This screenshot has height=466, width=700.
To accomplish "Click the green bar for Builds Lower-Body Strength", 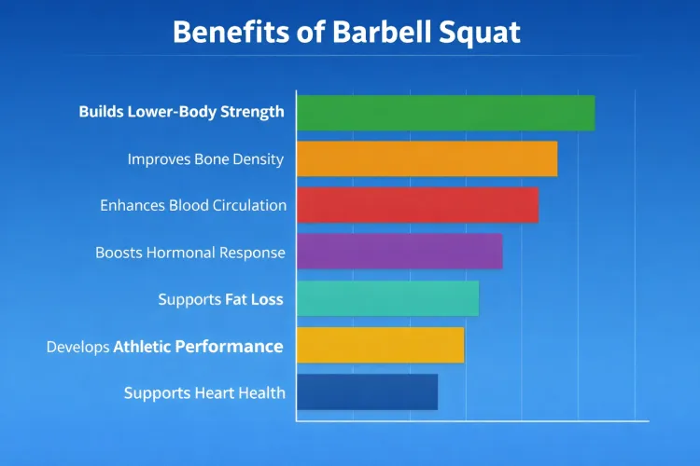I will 445,113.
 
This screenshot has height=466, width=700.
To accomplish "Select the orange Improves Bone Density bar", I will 427,158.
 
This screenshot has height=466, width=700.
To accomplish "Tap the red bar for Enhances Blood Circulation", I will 417,205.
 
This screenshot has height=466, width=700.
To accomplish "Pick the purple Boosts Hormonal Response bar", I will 399,252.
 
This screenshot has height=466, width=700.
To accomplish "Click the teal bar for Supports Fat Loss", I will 387,298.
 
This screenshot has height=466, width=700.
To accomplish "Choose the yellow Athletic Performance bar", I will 380,345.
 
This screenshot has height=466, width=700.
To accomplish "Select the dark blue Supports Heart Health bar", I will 367,391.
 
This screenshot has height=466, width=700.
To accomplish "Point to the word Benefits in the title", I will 230,33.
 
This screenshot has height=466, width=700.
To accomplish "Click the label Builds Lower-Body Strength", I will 181,112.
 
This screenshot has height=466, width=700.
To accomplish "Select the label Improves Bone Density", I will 205,159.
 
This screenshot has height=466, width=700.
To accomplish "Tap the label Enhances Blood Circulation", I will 193,205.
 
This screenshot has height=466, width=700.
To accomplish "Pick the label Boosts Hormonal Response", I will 190,253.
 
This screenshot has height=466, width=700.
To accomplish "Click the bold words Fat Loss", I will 254,300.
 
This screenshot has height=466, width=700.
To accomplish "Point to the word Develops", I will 77,348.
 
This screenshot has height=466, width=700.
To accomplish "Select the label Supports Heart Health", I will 204,393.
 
